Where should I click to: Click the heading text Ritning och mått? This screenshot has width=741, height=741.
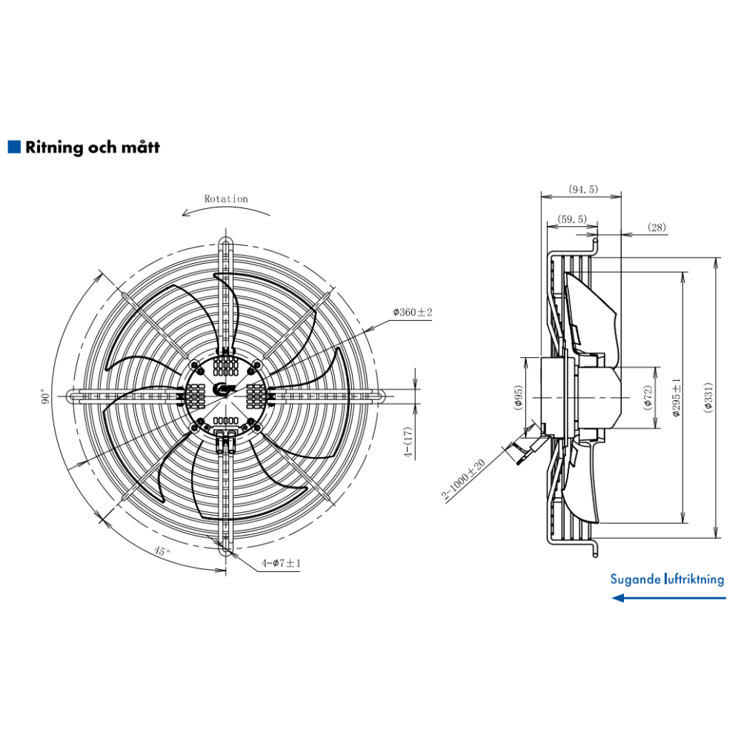click(x=93, y=147)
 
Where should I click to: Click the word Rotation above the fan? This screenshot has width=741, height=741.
click(x=226, y=199)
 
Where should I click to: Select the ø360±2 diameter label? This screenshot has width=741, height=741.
click(x=412, y=313)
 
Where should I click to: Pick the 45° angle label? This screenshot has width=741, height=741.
click(x=162, y=551)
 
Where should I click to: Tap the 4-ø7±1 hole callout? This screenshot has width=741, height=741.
click(x=281, y=564)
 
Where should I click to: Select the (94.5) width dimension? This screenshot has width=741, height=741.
click(x=582, y=190)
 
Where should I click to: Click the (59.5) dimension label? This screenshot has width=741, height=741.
click(x=571, y=219)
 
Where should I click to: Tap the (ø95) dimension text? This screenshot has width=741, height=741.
click(x=519, y=397)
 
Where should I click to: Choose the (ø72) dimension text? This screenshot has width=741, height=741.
click(x=648, y=397)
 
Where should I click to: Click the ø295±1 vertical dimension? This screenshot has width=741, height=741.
click(x=675, y=397)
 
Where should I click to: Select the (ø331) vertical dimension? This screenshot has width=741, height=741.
click(x=708, y=397)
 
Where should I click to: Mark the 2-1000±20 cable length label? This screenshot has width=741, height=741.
click(x=463, y=480)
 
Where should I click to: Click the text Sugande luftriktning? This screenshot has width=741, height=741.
click(x=667, y=579)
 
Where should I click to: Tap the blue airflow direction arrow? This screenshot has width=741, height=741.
click(x=667, y=597)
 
